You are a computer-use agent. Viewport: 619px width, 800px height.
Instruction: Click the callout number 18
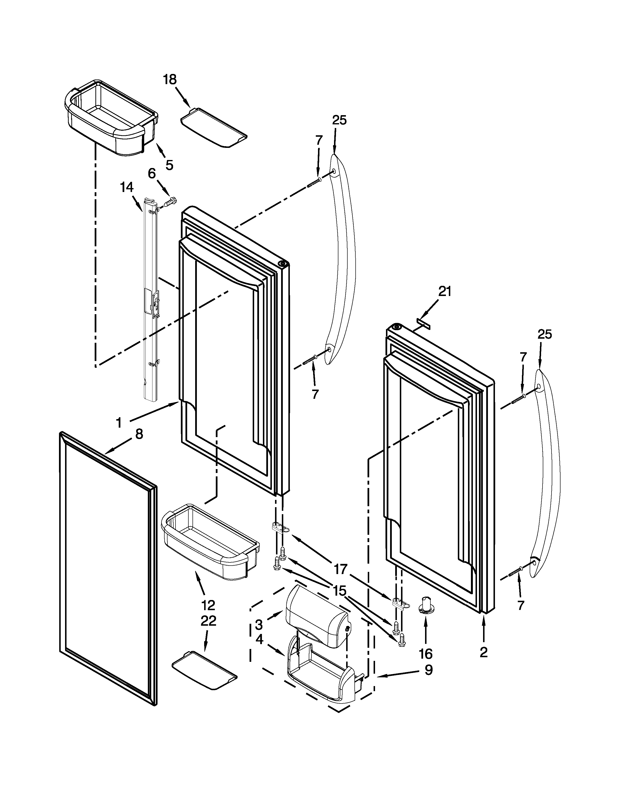tap(170, 80)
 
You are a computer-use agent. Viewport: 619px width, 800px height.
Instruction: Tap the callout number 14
tap(126, 188)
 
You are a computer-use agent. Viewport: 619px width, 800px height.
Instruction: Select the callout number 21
tap(444, 291)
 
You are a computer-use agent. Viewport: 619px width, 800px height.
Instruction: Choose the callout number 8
tap(139, 434)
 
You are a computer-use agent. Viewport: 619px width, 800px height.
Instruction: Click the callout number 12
tap(208, 605)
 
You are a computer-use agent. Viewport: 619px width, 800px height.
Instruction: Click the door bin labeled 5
tap(110, 117)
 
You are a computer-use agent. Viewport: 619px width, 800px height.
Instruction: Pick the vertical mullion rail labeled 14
tap(151, 300)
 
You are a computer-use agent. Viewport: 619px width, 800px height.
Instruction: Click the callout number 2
tap(483, 652)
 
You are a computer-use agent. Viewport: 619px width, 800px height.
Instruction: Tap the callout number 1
tap(118, 423)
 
